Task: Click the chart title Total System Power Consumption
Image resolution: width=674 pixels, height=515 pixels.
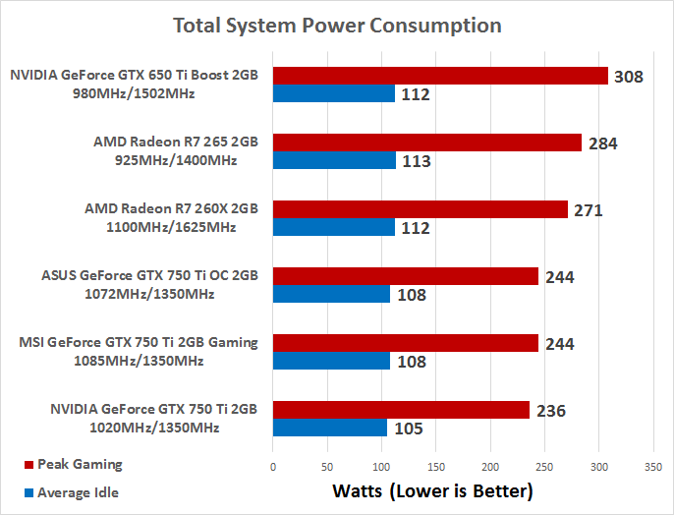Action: point(337,26)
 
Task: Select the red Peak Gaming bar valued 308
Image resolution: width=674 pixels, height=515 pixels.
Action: point(440,75)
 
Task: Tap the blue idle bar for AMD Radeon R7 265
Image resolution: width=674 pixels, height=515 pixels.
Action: point(334,160)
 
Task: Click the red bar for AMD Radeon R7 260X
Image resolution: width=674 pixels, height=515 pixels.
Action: point(421,209)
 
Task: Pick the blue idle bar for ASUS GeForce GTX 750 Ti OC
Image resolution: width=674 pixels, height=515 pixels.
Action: point(331,294)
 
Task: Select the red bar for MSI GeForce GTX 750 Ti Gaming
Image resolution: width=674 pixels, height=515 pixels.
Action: point(406,343)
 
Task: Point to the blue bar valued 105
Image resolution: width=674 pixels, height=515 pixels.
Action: point(329,428)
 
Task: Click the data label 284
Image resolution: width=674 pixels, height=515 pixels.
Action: point(602,143)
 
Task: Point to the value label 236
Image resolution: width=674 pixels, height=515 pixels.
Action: point(551,411)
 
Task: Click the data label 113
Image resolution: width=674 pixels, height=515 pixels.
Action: point(417,161)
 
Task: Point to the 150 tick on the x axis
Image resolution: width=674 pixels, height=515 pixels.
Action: point(436,466)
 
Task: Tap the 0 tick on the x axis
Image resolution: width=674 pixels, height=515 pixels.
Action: point(273,466)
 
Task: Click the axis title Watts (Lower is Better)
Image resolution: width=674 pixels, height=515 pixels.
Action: point(432,489)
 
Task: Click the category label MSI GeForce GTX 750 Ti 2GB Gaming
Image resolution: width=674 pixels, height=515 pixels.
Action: point(139,342)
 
